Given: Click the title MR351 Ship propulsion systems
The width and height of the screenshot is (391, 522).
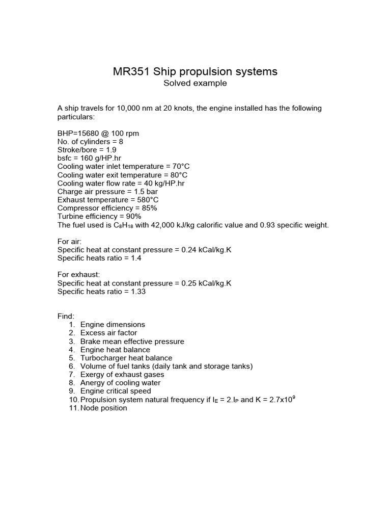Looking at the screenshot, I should (x=195, y=71).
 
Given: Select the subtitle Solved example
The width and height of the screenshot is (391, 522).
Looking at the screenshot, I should (x=195, y=83).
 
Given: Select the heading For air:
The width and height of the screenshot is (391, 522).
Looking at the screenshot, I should (x=70, y=242).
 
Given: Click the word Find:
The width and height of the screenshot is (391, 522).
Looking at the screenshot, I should (x=66, y=316).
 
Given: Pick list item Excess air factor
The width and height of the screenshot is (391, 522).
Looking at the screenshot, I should (x=108, y=333).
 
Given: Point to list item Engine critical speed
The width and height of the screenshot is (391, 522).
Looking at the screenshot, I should (x=116, y=391).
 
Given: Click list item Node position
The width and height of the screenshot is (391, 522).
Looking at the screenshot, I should (x=104, y=408).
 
